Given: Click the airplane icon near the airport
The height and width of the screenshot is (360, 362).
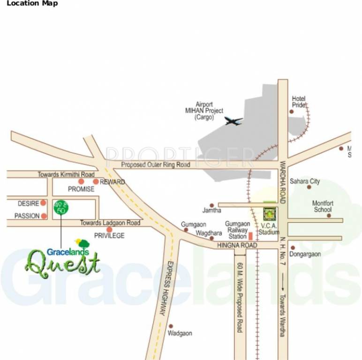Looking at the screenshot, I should click(234, 121).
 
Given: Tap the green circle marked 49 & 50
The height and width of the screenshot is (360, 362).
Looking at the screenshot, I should click(60, 208).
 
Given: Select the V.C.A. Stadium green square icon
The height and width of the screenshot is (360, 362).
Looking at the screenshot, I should click(269, 214).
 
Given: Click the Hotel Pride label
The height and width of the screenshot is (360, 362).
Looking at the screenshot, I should click(299, 102).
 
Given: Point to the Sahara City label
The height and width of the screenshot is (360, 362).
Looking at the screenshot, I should click(304, 181).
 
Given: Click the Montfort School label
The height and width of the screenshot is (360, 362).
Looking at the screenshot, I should click(323, 206).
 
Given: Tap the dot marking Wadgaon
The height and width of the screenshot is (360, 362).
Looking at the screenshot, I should click(171, 326).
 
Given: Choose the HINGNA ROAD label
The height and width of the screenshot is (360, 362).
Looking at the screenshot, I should click(237, 246).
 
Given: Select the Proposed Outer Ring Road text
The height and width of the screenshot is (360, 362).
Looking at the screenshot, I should click(156, 165).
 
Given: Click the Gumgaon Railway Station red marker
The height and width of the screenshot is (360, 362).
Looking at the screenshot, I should click(250, 236).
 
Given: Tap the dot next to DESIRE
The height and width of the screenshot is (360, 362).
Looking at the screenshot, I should click(43, 203).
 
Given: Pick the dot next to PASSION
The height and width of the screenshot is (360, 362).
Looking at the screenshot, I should click(44, 216).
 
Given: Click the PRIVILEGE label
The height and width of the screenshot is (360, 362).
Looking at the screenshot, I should click(109, 236).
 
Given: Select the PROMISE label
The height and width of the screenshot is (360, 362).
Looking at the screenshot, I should click(81, 189).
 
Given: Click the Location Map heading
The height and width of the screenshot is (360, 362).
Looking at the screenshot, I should click(32, 4).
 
